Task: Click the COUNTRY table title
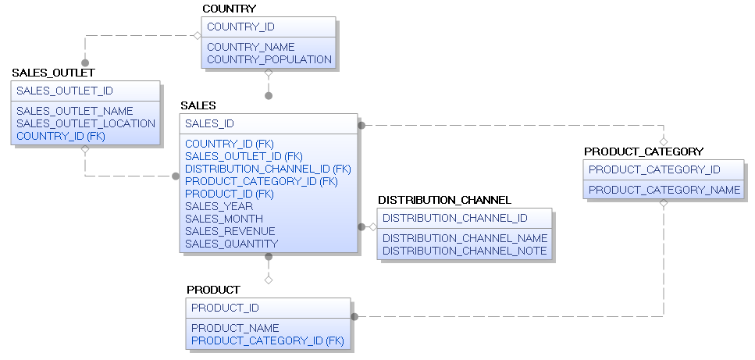229,9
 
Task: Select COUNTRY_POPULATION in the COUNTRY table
269,59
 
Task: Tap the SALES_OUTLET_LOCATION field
85,123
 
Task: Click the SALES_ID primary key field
209,123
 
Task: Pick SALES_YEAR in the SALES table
219,206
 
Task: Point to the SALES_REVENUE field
230,231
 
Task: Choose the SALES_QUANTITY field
231,244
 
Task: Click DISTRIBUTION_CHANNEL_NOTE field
465,251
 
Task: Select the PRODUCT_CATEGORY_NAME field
664,190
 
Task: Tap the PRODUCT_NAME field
235,328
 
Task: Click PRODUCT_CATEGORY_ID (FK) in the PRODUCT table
267,340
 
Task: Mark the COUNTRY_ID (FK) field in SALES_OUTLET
60,136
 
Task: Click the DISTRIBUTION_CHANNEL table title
444,200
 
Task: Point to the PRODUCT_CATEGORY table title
643,151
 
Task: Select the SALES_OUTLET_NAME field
74,111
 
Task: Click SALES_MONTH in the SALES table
223,219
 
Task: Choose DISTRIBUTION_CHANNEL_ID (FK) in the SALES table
268,169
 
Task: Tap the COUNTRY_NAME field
251,47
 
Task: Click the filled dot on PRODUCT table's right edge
354,317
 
